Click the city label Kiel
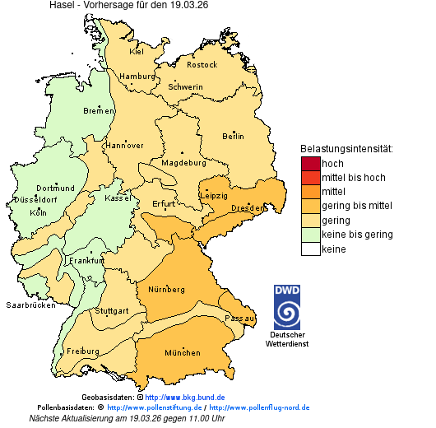(137, 51)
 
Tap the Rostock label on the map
(202, 64)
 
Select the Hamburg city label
(137, 77)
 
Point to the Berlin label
(233, 136)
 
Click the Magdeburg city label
(183, 162)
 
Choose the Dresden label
(246, 209)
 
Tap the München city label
(182, 352)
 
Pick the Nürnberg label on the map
(166, 290)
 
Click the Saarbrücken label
(31, 305)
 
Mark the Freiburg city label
(83, 351)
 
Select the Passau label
(240, 318)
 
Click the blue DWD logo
(287, 307)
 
